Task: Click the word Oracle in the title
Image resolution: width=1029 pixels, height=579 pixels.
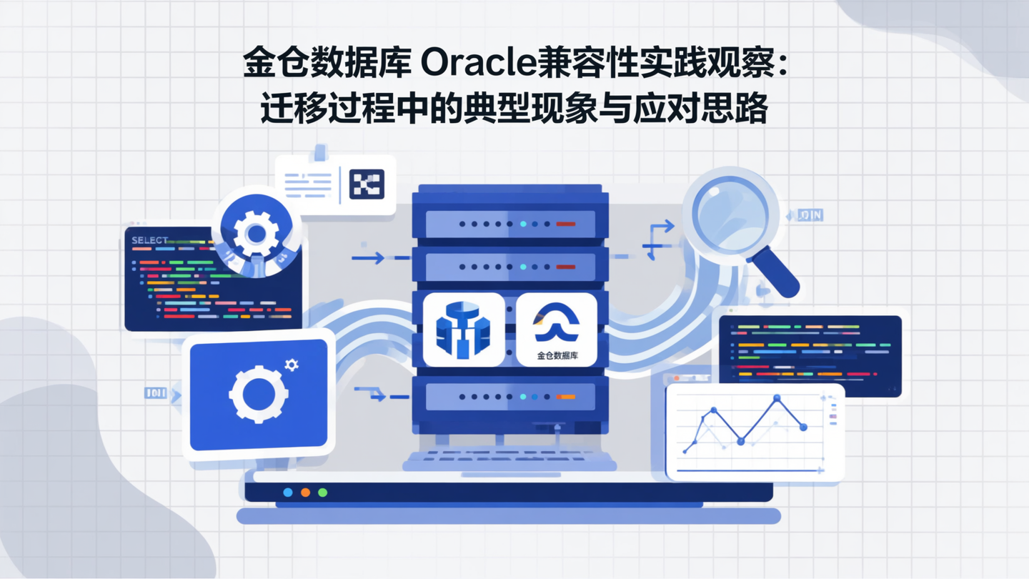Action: (478, 64)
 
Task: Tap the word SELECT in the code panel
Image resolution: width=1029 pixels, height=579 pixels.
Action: (149, 240)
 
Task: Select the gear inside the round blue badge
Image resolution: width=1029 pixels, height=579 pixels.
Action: (255, 233)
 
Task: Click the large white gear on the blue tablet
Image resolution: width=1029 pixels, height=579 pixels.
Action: (259, 392)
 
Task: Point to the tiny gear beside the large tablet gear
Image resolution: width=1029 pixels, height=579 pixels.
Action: (292, 365)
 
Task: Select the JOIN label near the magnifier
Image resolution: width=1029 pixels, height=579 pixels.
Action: (809, 214)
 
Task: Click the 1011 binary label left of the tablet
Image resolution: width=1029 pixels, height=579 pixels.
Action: (155, 392)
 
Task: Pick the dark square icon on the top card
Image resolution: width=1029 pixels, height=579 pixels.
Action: (367, 184)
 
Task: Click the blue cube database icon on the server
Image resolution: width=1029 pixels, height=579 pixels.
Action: (463, 330)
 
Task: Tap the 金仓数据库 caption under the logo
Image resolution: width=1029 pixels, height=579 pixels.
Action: (557, 355)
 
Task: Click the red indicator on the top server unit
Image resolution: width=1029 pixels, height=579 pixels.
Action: (565, 224)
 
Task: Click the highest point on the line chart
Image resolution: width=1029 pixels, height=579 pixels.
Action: (777, 398)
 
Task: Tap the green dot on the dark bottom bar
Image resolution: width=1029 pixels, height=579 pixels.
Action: (322, 493)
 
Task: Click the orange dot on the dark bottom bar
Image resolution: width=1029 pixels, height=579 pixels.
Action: (305, 493)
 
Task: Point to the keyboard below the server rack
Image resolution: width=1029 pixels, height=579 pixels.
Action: (509, 457)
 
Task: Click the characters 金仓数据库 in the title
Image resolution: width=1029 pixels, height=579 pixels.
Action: (327, 64)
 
